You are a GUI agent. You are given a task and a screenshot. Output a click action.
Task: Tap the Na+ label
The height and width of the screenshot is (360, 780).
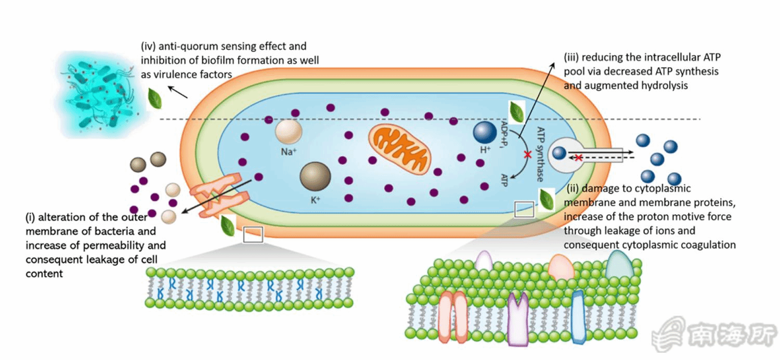click(288, 152)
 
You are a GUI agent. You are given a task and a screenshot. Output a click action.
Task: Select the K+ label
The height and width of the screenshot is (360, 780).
click(315, 198)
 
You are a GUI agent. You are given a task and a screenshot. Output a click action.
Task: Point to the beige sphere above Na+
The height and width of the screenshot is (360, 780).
click(288, 132)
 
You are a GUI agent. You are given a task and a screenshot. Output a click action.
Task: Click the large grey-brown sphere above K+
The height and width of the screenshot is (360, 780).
click(315, 176)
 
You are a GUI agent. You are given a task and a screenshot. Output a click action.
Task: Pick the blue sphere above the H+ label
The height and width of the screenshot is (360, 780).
click(485, 132)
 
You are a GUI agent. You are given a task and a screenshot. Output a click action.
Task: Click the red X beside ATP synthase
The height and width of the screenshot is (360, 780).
click(528, 155)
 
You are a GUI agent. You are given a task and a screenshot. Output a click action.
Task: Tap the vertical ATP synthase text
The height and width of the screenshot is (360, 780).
click(540, 154)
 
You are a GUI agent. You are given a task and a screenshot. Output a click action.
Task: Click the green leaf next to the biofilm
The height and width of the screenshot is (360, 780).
click(154, 98)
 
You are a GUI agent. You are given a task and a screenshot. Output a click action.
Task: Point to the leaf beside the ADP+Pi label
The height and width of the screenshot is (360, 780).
click(516, 111)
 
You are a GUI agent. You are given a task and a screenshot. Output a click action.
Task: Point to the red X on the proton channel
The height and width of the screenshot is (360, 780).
click(578, 158)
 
